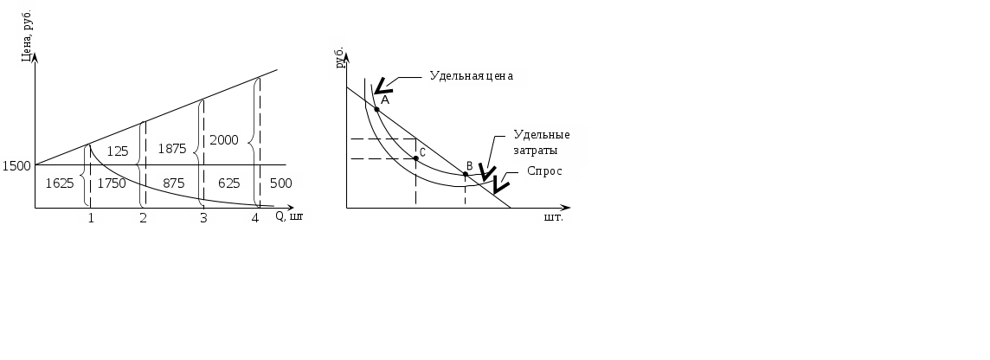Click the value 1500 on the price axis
[16, 165]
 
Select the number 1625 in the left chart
[60, 183]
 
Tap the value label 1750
[112, 183]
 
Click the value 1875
[172, 148]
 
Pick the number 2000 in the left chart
[223, 139]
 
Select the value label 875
[173, 183]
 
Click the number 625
[228, 183]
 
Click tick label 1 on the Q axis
[90, 217]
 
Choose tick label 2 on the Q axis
[143, 217]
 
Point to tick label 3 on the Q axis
[203, 217]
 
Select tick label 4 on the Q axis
[255, 217]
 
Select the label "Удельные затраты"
[542, 142]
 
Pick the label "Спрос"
[544, 171]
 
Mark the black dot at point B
[465, 174]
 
